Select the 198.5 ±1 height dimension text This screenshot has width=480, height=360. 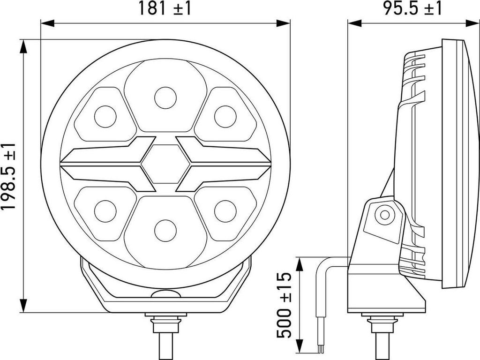(9, 176)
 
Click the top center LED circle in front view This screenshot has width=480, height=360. (165, 98)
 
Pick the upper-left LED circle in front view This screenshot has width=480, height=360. (105, 116)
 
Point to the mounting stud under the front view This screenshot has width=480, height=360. (165, 335)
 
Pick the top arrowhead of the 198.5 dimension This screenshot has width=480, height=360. (23, 44)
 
